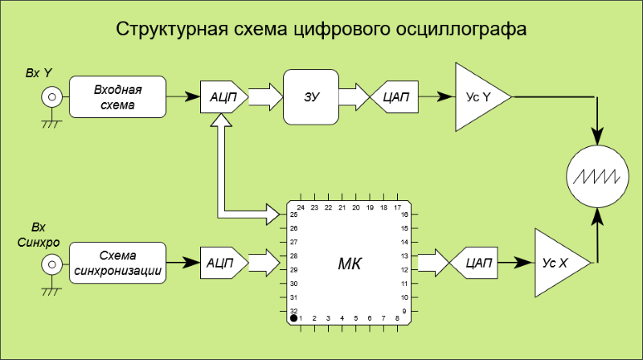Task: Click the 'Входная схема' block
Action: point(117,97)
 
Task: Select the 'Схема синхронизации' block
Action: point(117,263)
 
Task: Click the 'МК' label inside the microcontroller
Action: point(348,263)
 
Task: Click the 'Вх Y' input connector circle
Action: point(51,98)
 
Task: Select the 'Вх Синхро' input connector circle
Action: point(51,263)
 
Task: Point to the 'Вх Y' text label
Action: point(39,74)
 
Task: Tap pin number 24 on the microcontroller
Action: point(300,207)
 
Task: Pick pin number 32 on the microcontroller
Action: point(293,311)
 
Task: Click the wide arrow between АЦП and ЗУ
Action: point(265,97)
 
